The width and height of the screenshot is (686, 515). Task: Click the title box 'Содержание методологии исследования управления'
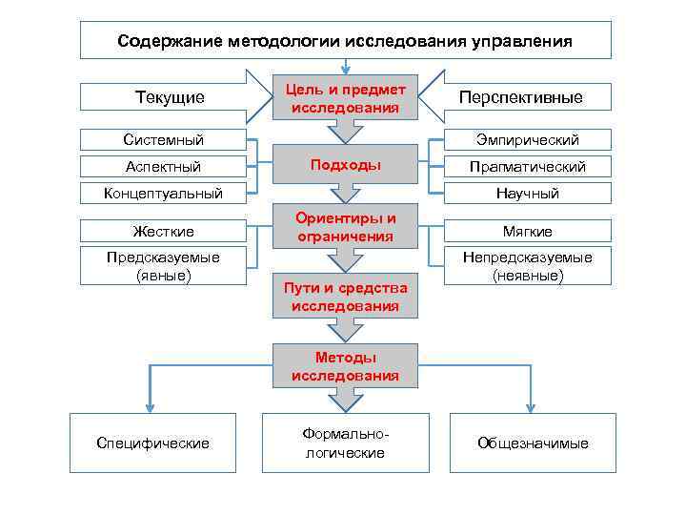click(x=345, y=41)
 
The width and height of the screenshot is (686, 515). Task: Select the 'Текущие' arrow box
click(x=170, y=97)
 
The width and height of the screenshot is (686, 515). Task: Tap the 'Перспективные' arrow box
click(x=520, y=97)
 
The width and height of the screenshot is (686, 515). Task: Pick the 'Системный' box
click(x=163, y=140)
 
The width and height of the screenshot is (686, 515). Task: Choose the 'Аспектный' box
click(x=163, y=167)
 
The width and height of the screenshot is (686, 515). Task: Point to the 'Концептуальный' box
click(x=163, y=194)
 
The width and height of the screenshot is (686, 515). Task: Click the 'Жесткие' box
click(x=163, y=231)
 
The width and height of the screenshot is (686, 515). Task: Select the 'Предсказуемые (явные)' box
click(x=163, y=266)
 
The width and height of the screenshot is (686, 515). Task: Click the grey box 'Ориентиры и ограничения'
click(x=345, y=227)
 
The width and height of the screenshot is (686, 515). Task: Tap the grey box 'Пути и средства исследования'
click(x=345, y=297)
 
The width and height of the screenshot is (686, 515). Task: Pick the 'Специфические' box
click(x=153, y=443)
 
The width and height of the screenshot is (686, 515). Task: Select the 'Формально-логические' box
click(x=345, y=443)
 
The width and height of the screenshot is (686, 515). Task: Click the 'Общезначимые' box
click(x=533, y=443)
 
